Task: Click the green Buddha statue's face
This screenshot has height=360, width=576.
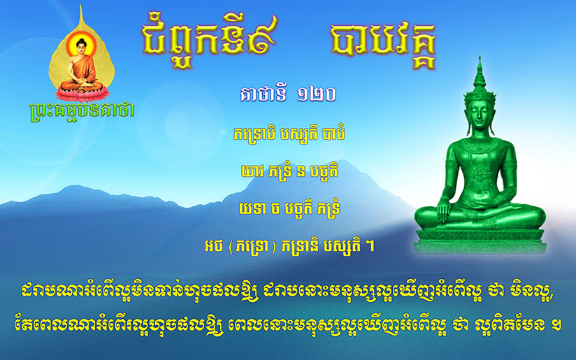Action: point(480,115)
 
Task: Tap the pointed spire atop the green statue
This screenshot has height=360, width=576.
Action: point(480,71)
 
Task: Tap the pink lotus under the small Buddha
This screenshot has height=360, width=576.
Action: point(82,93)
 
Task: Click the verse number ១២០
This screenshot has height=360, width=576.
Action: point(316,95)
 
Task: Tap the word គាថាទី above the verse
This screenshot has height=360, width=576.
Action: point(263,95)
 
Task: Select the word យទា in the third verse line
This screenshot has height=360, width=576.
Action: point(252,208)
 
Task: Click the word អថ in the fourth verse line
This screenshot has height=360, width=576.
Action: point(213,246)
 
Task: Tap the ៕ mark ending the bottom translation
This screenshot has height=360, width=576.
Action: point(556,325)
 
